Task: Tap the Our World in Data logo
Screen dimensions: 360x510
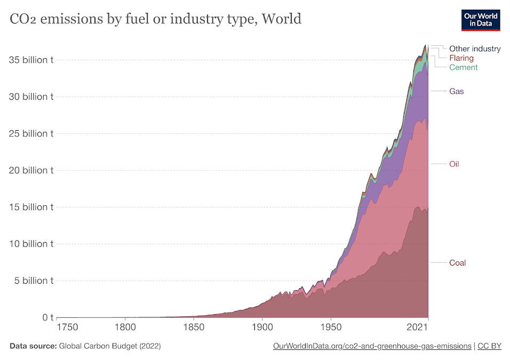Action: point(480,20)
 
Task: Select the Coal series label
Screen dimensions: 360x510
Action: point(457,262)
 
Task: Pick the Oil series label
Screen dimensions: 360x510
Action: point(453,164)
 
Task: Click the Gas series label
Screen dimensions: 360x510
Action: point(456,91)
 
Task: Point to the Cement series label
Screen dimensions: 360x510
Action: point(463,67)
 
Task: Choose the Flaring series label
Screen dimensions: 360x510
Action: point(461,58)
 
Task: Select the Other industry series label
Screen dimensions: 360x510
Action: point(475,49)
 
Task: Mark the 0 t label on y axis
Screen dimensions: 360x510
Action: point(45,317)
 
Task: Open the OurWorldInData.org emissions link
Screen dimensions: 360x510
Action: point(372,346)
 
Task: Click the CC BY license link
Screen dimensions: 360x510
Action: point(489,346)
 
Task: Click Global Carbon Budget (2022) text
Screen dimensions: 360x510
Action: point(110,346)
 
